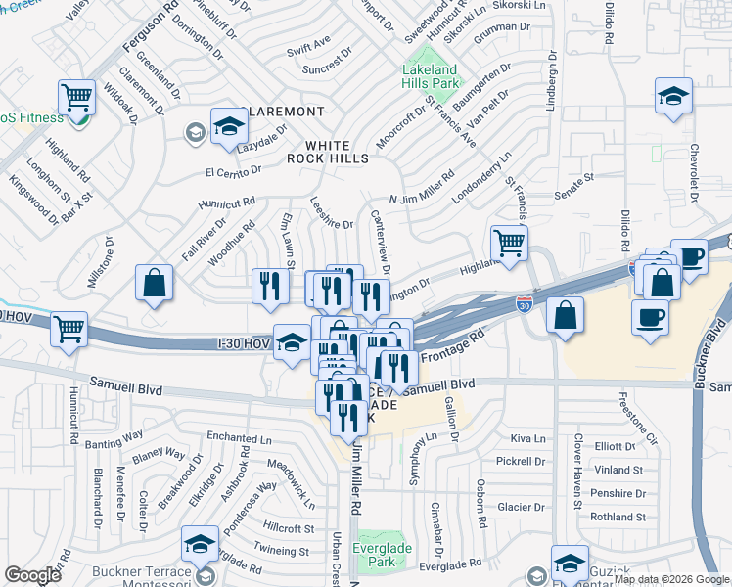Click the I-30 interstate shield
click(x=526, y=304)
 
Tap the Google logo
click(x=32, y=574)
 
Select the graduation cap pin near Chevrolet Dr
click(x=672, y=97)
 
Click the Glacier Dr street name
click(x=520, y=507)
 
